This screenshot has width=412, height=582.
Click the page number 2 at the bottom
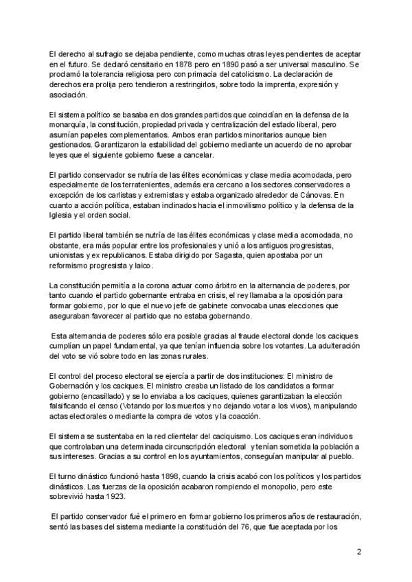point(359,551)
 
